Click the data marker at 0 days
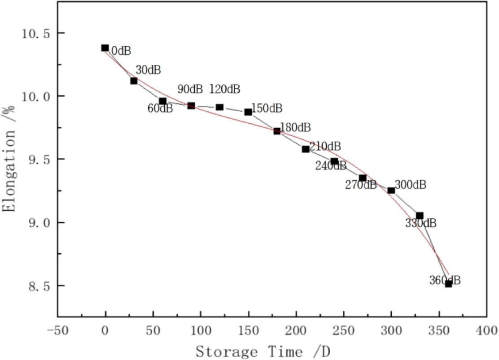tap(105, 48)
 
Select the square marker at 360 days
tap(448, 283)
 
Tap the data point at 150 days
tap(248, 112)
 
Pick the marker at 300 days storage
tap(391, 190)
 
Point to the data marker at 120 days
tap(219, 107)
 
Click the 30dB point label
tap(148, 70)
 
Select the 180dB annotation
tap(295, 127)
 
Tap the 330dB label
tap(420, 223)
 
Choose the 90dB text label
tap(190, 89)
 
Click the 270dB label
tap(361, 184)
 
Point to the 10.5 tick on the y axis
tap(34, 33)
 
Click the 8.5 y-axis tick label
tap(34, 286)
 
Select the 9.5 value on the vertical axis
tap(34, 160)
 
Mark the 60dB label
tap(160, 108)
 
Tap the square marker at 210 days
tap(306, 149)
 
